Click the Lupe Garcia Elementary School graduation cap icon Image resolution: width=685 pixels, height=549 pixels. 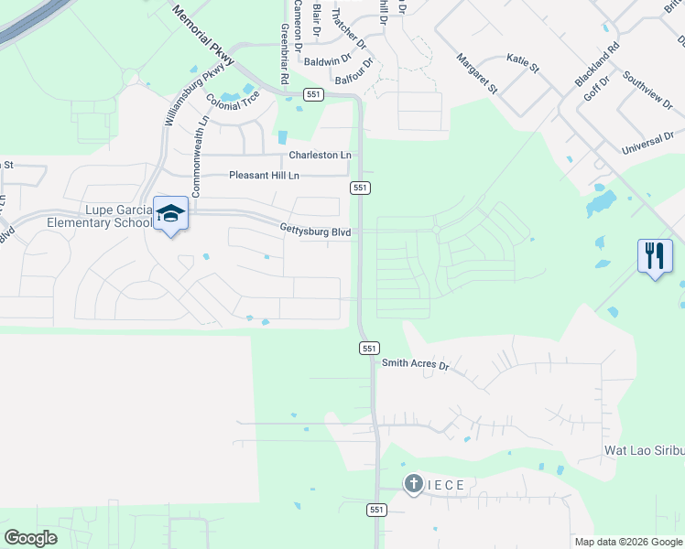tap(170, 213)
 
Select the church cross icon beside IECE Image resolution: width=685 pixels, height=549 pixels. tap(413, 484)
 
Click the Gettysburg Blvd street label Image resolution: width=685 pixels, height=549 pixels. tap(316, 231)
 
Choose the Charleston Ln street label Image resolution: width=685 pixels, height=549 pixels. tap(321, 156)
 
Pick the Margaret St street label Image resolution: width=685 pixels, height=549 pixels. tap(476, 74)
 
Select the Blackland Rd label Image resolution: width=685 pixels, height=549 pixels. tap(598, 64)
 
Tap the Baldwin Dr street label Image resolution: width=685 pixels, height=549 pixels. tap(327, 61)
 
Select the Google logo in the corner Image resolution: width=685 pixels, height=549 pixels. tap(30, 538)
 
